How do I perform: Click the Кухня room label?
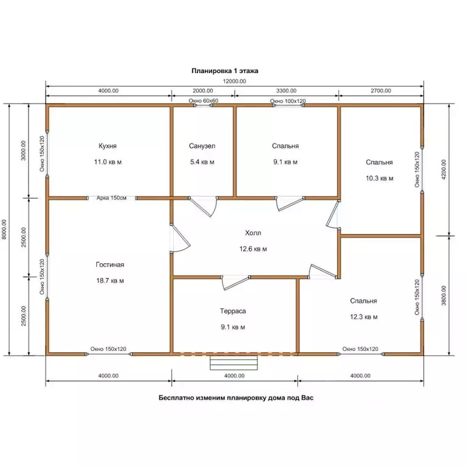107,146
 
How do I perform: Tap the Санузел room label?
202,146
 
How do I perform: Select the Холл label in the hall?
253,233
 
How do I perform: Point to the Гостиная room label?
110,264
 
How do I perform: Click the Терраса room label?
233,311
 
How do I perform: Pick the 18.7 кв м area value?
110,280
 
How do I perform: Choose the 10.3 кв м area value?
380,178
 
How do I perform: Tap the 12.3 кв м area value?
364,317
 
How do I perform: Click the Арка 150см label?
112,198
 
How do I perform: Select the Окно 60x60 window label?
204,101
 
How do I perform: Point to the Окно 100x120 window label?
288,101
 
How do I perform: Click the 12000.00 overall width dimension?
235,81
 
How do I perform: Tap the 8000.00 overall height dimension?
4,230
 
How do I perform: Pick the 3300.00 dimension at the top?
286,91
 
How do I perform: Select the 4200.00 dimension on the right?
444,169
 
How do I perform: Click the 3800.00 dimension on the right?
444,296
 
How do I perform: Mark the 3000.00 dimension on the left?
24,151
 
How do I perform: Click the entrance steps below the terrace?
234,363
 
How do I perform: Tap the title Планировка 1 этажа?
225,71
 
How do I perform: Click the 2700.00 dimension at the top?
381,91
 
